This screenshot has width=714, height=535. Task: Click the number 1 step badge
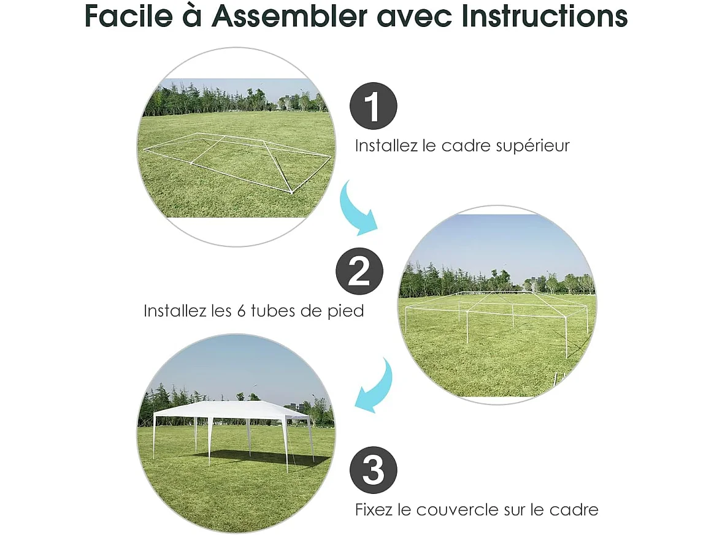click(373, 106)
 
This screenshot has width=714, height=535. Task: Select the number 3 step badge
click(373, 471)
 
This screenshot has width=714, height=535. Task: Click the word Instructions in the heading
click(545, 17)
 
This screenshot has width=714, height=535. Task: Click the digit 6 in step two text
click(240, 311)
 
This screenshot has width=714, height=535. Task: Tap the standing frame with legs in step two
click(497, 316)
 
